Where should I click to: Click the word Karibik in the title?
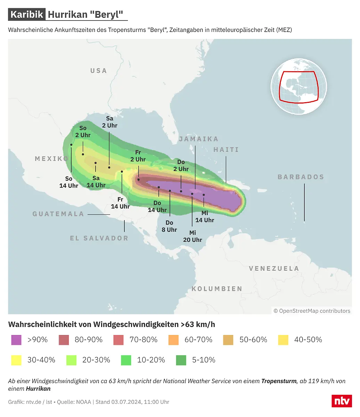pos(27,15)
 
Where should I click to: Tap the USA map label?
pos(99,71)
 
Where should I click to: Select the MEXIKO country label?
pos(52,158)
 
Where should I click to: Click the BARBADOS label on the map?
pos(301,177)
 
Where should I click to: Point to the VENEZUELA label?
pos(274,268)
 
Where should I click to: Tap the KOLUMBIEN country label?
pos(217,288)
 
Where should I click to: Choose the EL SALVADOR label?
pos(99,238)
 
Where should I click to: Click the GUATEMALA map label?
pos(58,214)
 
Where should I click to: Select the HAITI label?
pos(226,149)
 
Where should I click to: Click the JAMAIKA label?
pos(198,139)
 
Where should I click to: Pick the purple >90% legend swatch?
pos(16,340)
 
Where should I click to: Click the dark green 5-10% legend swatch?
pos(181,360)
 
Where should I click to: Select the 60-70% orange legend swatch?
pos(173,340)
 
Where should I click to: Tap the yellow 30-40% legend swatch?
pos(16,360)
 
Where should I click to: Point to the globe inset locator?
pos(298,86)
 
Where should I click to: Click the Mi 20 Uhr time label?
pos(193,236)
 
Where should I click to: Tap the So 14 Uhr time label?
pos(69,182)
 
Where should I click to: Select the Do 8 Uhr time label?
pos(169,226)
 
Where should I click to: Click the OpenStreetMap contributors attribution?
pos(312,311)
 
